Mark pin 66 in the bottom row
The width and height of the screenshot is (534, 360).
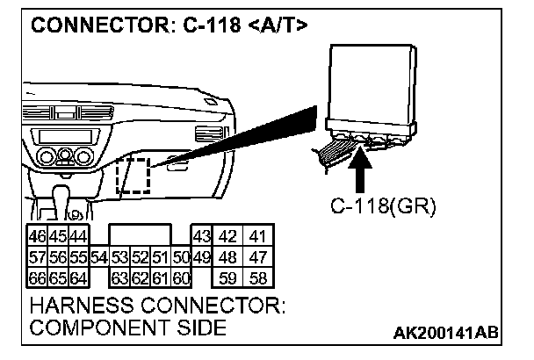[x=37, y=277]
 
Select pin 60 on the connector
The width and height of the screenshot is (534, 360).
[x=181, y=277]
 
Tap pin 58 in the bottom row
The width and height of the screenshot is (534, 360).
[x=256, y=277]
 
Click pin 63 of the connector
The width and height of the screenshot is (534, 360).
[x=119, y=277]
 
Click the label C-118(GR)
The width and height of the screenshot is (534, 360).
[x=383, y=208]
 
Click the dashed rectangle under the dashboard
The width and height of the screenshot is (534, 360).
[x=133, y=177]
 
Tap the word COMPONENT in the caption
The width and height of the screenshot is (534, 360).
[x=97, y=328]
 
